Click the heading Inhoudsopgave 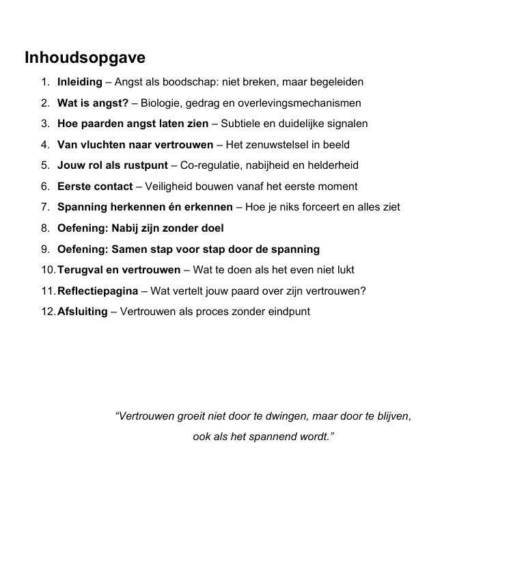85,57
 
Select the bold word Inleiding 79,82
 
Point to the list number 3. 44,124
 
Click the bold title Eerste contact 95,187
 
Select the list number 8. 44,228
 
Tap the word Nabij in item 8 125,228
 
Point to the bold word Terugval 79,270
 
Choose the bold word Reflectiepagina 98,290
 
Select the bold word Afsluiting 83,312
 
